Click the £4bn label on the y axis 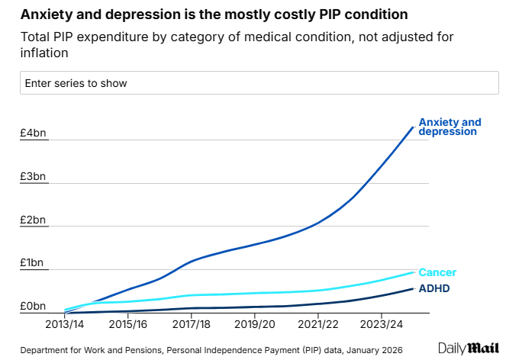tap(33, 133)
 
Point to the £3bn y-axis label tap(33, 177)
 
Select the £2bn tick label tap(33, 220)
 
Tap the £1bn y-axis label tap(33, 263)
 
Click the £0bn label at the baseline tap(33, 307)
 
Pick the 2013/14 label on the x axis tap(64, 324)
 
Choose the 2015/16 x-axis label tap(127, 324)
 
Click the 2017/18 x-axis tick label tap(192, 324)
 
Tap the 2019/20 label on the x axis tap(255, 324)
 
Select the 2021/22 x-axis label tap(318, 324)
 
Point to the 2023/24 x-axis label tap(382, 324)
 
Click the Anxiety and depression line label tap(450, 127)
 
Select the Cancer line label tap(438, 272)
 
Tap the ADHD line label tap(434, 288)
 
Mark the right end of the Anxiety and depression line tap(413, 127)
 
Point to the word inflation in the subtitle tap(45, 53)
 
